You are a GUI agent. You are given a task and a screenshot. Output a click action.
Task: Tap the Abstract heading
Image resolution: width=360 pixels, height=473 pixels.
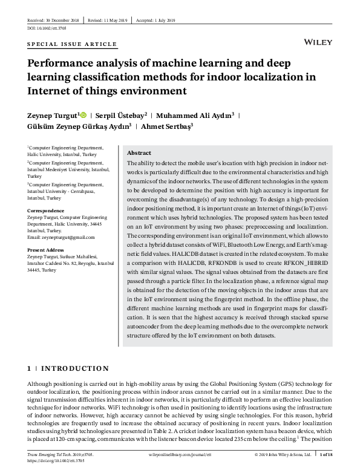(x=139, y=153)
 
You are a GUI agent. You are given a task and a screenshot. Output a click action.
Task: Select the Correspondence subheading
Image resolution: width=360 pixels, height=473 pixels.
(x=46, y=210)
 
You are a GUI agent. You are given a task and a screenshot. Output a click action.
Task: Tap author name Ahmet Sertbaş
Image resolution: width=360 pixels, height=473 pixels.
(x=166, y=126)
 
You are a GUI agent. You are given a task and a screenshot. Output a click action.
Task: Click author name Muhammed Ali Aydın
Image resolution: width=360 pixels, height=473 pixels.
(x=196, y=114)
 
